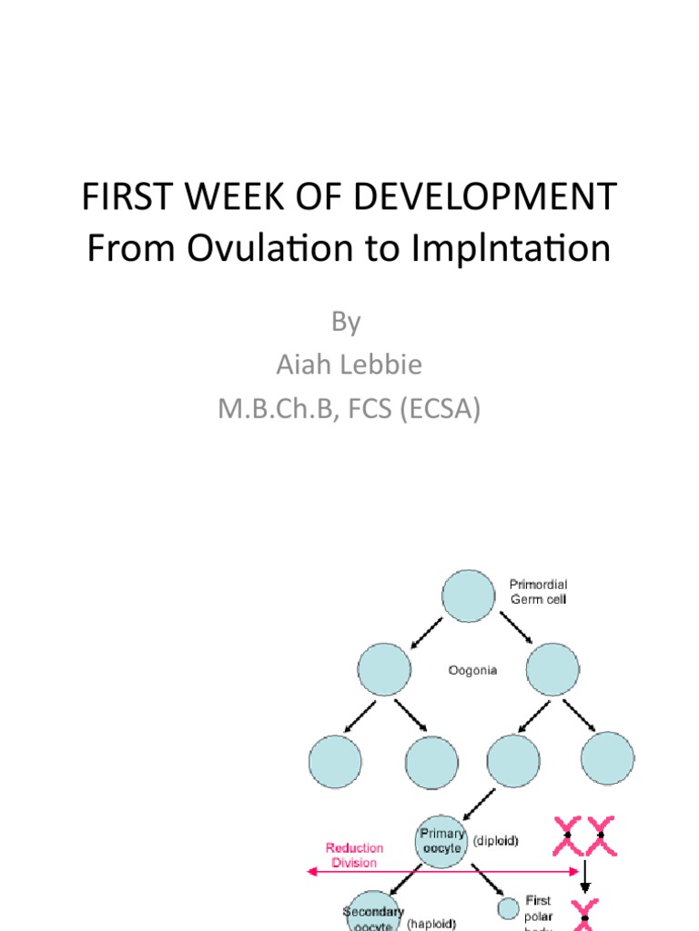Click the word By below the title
coord(347,322)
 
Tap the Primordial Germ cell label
coord(537,593)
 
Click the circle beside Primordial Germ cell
coord(468,596)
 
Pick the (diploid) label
coord(495,841)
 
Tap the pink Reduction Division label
coord(354,855)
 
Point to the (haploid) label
coord(431,923)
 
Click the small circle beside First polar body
coord(508,908)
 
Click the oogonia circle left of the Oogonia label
coord(384,670)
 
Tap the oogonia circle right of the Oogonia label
coord(552,670)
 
